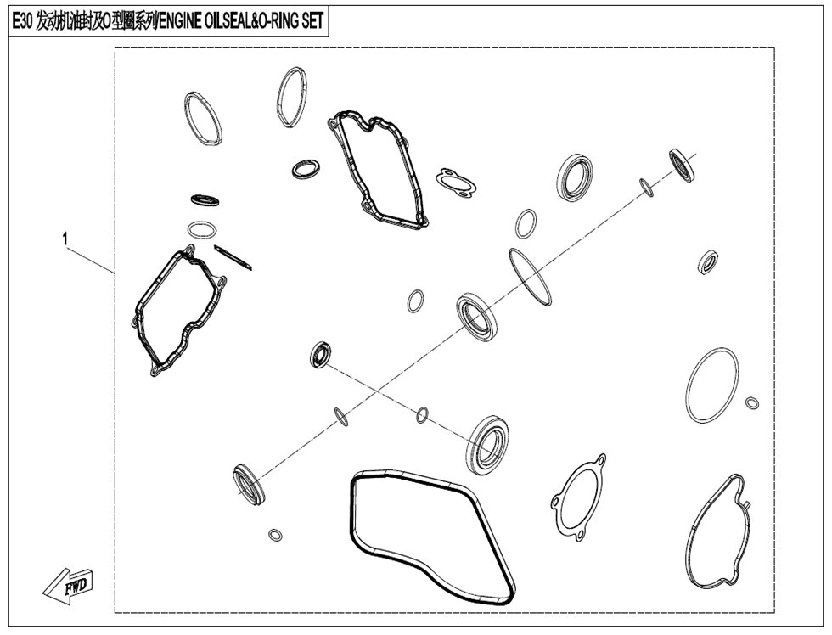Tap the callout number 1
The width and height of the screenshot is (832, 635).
click(x=65, y=239)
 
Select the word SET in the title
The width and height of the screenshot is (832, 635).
click(x=312, y=22)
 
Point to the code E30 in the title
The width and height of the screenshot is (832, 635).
click(x=23, y=22)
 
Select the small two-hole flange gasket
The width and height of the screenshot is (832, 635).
click(x=456, y=183)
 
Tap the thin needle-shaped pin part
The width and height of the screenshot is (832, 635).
click(x=233, y=256)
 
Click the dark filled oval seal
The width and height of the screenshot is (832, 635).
click(x=205, y=200)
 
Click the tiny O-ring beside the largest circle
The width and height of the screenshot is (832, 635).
click(x=752, y=402)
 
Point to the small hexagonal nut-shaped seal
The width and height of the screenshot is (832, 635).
click(x=708, y=262)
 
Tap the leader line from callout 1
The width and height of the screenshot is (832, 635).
click(x=89, y=260)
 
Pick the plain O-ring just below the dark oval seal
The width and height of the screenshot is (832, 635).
click(x=202, y=230)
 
